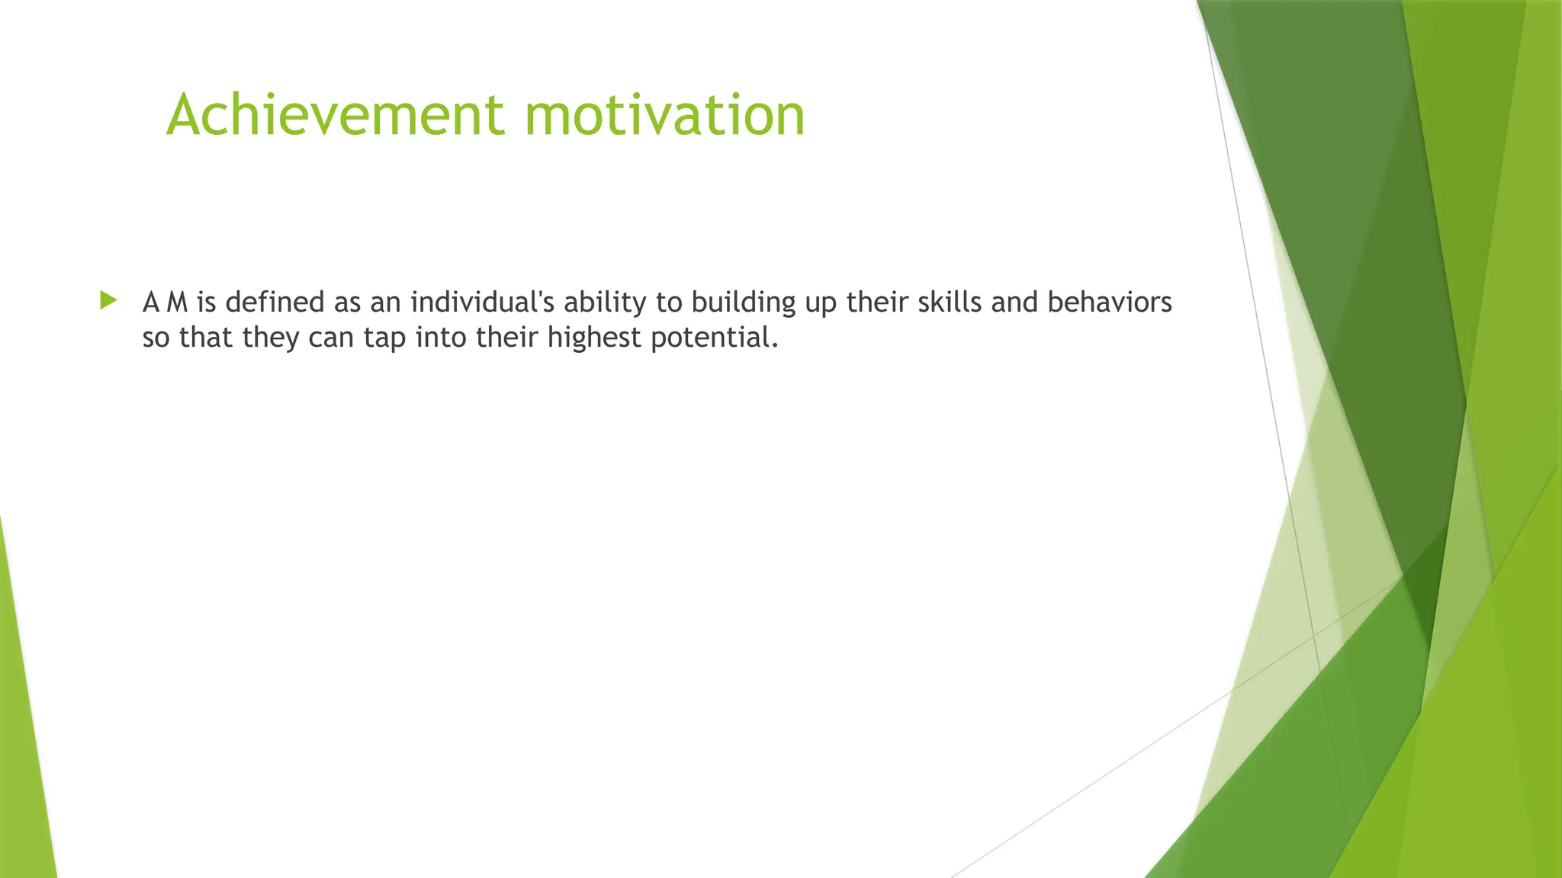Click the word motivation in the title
[664, 115]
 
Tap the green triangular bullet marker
[108, 300]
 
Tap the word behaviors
[1109, 303]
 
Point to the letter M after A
[177, 303]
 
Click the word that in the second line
[206, 337]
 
